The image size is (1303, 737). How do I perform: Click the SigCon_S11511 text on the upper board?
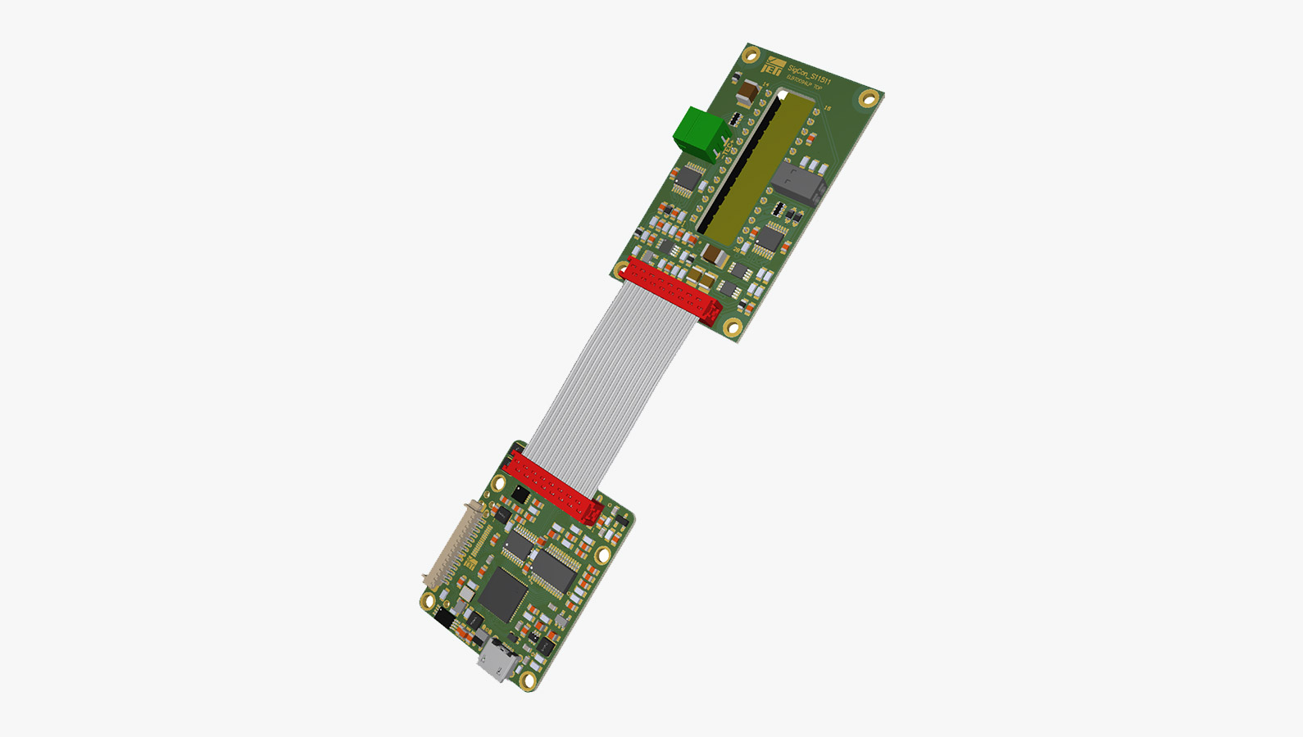pos(809,76)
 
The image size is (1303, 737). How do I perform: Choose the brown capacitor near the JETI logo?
pos(751,91)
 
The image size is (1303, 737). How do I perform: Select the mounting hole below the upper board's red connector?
pos(733,328)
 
